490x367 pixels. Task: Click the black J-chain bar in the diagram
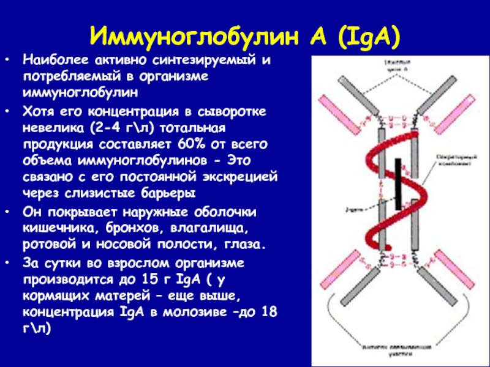click(399, 183)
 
